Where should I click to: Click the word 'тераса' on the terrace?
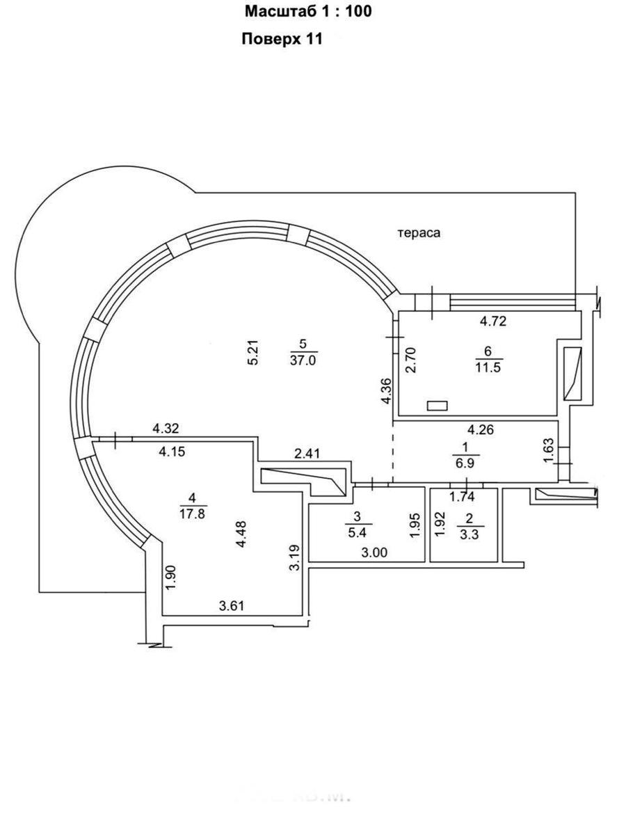point(419,234)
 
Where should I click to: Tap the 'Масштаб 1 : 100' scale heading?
point(307,12)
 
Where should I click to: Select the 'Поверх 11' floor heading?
point(282,40)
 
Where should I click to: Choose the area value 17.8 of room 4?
point(193,514)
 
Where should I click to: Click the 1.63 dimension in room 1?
point(548,450)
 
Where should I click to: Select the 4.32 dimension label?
point(166,429)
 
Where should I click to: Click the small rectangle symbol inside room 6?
point(438,405)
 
